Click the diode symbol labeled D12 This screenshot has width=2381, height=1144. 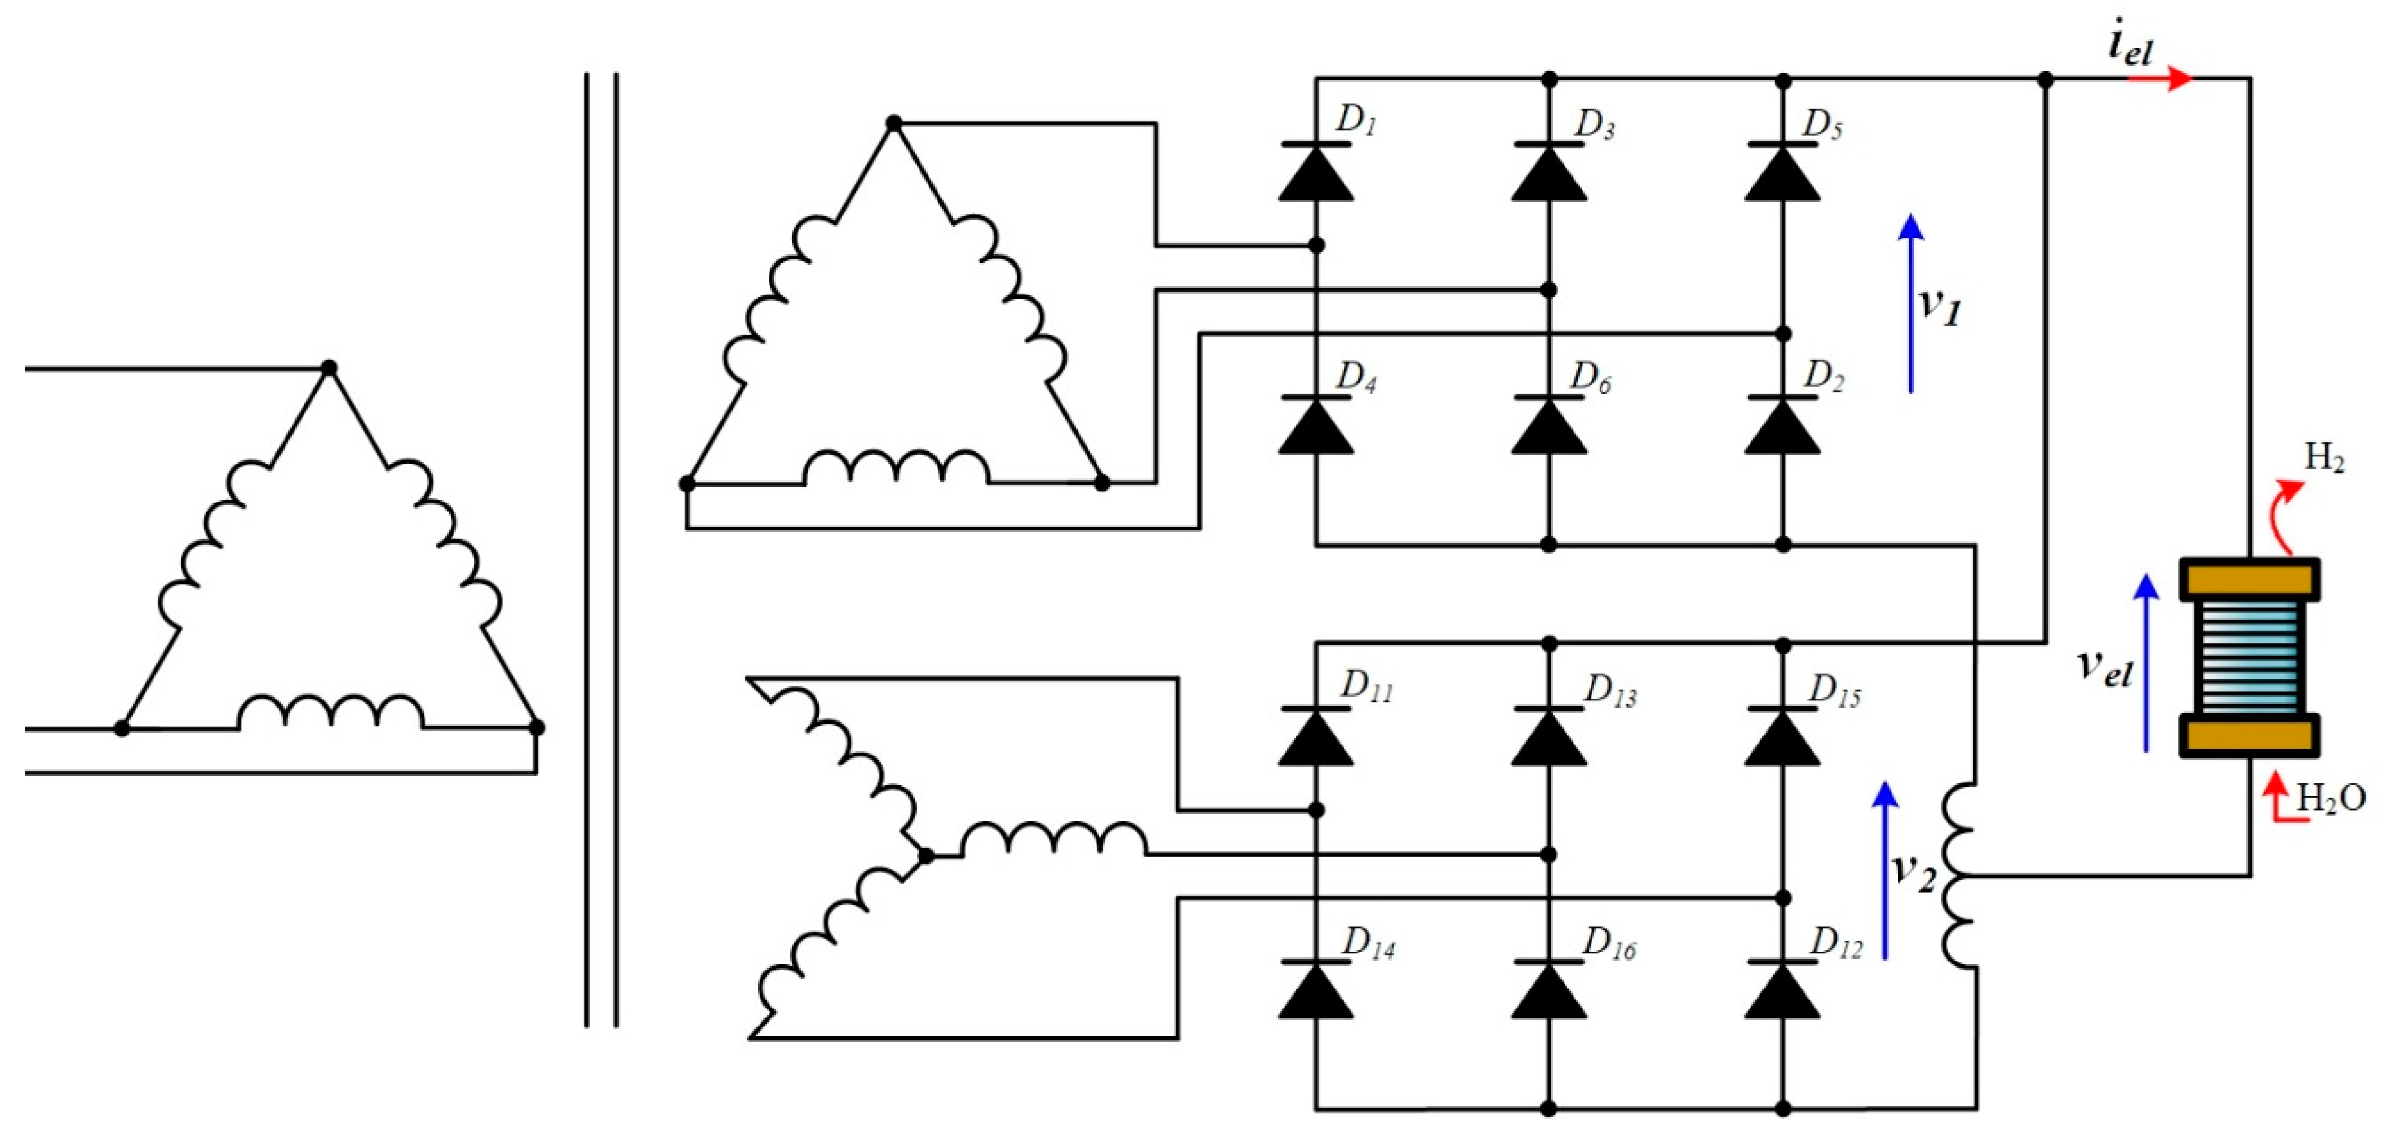tap(1782, 991)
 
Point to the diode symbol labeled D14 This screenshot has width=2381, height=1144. tap(1315, 991)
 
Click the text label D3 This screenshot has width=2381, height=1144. tap(1594, 124)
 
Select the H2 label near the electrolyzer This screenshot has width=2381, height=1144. tap(2324, 458)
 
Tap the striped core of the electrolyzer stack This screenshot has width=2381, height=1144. tap(2250, 657)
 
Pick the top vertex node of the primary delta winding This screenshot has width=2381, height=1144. tap(328, 368)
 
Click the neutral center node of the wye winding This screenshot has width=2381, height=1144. tap(925, 856)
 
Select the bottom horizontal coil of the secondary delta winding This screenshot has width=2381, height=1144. tap(895, 469)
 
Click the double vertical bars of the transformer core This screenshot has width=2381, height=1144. tap(601, 550)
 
